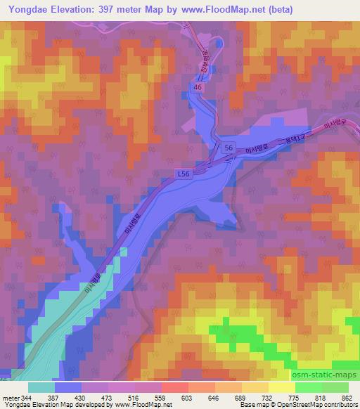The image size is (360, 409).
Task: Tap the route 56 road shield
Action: [x=229, y=148]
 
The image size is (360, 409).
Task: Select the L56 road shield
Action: [x=183, y=172]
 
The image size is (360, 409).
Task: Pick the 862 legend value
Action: [x=347, y=397]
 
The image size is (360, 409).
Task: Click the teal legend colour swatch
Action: [x=41, y=387]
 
